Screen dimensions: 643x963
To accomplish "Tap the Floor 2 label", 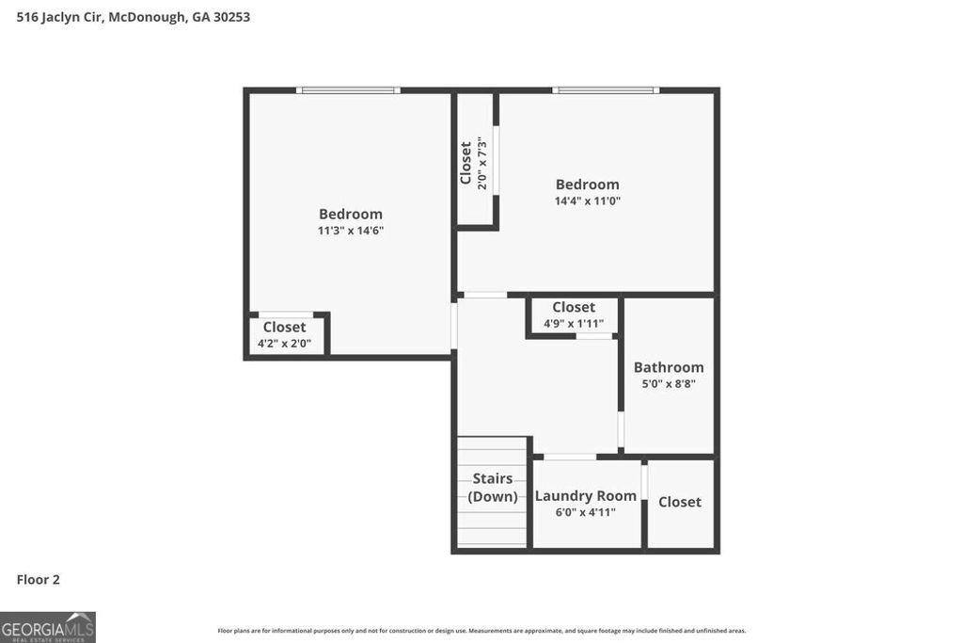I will click(39, 580).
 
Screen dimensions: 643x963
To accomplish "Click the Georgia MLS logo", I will click(48, 627).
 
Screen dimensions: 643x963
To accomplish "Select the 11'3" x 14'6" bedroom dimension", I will click(351, 231).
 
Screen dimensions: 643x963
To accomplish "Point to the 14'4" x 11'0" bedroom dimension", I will click(588, 201).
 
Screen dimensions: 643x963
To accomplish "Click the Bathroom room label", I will click(669, 367).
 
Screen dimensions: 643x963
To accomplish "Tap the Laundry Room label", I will click(586, 496).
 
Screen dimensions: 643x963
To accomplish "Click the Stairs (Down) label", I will click(493, 488).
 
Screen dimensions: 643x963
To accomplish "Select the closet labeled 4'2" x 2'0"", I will click(284, 334).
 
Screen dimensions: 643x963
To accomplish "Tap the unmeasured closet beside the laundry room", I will click(680, 503).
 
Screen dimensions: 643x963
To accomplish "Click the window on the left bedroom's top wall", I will click(348, 90).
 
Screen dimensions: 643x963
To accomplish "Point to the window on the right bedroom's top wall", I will click(606, 90).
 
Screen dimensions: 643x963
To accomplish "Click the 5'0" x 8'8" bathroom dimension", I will click(669, 384).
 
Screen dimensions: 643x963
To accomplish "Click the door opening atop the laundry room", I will click(569, 458).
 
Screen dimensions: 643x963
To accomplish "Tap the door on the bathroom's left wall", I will click(621, 429).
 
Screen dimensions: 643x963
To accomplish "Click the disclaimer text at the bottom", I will click(481, 631).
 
